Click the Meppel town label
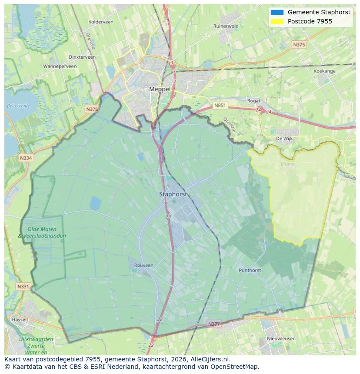160,89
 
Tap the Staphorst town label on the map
173,194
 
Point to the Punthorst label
250,270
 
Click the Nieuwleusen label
281,338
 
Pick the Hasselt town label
20,320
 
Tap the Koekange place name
324,71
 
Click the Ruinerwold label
226,26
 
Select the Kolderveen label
100,22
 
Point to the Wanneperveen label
60,66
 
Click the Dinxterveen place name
82,57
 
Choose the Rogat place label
253,101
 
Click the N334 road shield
26,158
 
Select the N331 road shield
23,287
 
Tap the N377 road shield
214,324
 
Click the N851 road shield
220,106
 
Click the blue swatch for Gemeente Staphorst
277,12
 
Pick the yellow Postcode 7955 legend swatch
277,21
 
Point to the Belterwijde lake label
19,106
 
